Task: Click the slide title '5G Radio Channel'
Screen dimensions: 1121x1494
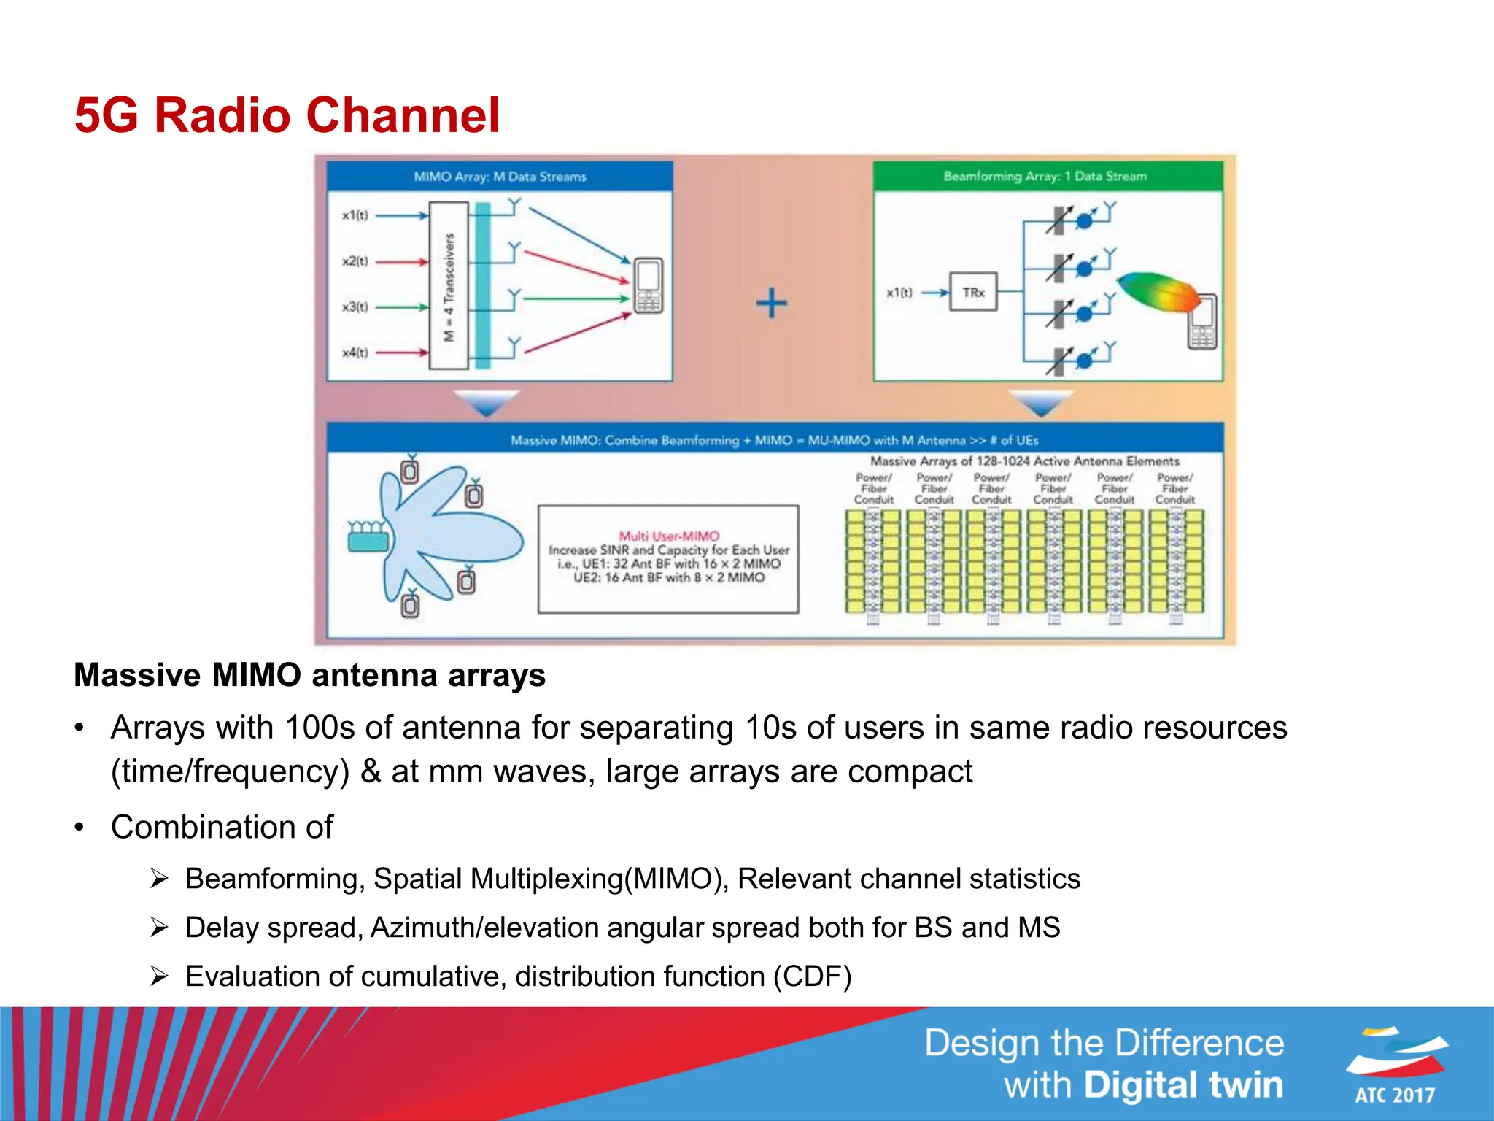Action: point(287,115)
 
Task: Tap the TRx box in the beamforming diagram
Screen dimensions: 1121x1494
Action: point(973,293)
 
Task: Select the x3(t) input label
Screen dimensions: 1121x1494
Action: point(355,307)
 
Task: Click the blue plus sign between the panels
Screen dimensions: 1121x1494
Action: point(771,303)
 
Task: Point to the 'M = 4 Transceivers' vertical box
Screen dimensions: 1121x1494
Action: point(449,286)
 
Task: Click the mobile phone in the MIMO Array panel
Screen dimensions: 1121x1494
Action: point(648,285)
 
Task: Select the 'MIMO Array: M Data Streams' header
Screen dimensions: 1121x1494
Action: point(500,177)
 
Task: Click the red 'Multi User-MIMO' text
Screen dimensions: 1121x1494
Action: point(669,536)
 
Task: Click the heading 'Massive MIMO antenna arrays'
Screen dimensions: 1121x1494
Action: point(309,675)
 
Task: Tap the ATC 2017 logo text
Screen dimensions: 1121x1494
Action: point(1394,1095)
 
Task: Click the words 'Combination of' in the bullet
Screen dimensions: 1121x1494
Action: point(222,827)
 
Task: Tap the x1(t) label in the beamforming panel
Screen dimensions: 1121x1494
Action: point(899,293)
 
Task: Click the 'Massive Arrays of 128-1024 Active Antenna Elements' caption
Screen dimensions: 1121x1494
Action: point(1024,461)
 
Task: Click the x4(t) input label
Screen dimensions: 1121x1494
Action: point(355,353)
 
